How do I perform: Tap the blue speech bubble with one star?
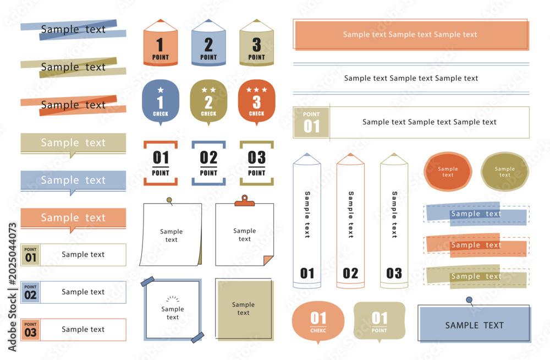161,102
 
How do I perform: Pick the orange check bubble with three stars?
257,102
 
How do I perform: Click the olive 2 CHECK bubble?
208,102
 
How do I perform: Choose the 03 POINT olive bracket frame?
257,163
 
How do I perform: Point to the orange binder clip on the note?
245,200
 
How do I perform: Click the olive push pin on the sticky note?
169,200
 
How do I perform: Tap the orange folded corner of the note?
268,260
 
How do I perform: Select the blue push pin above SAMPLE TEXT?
469,300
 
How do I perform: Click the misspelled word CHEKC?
318,330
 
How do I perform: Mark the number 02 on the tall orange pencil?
350,273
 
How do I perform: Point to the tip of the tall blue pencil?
307,154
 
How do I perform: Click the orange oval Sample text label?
448,172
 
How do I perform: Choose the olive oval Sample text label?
505,172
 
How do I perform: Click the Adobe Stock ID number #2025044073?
12,254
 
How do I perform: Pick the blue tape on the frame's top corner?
147,281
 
